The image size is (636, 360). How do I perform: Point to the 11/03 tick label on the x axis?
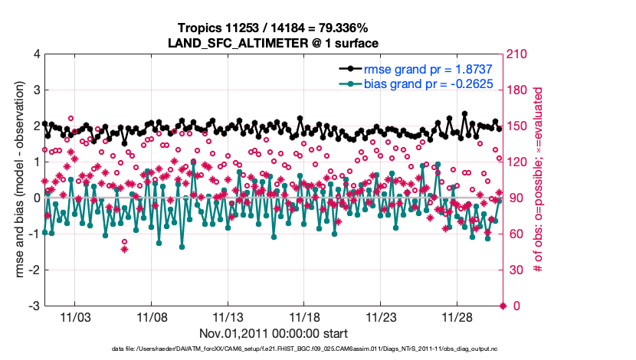[75, 317]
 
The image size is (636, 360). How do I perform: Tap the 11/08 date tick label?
[152, 317]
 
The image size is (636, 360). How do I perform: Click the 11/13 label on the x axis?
[228, 317]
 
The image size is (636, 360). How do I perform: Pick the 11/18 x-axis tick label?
[305, 317]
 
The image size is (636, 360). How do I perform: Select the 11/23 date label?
[382, 317]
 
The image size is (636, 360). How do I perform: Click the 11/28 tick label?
[458, 317]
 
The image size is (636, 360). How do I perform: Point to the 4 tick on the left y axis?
[36, 55]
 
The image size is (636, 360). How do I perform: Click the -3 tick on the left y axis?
[34, 306]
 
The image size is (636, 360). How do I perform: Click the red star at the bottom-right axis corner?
[503, 306]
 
